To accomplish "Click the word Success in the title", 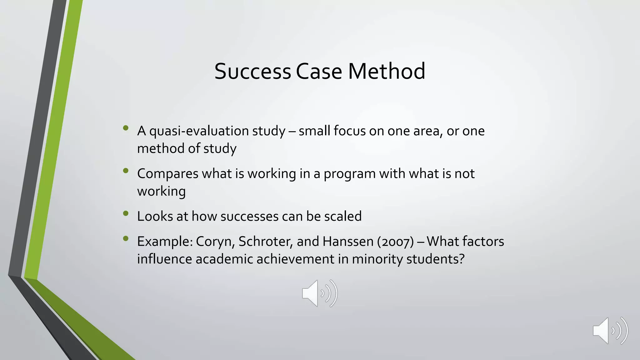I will (252, 71).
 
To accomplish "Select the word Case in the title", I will (319, 71).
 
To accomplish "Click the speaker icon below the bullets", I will (319, 293).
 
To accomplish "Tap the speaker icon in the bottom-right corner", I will (610, 331).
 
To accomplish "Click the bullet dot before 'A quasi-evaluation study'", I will (126, 128).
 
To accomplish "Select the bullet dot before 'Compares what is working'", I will (126, 171).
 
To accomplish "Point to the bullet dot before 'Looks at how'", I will (126, 213).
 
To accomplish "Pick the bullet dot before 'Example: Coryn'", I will (126, 239).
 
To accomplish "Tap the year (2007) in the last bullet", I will (395, 242).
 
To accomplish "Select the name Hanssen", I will (348, 242).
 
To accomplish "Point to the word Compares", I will (167, 174).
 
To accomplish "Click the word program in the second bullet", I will (349, 174).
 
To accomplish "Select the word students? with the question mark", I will (435, 259).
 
